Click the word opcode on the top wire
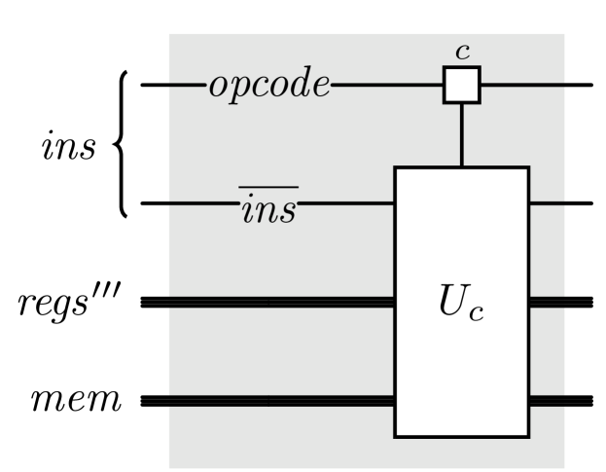(265, 86)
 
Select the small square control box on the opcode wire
(461, 86)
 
